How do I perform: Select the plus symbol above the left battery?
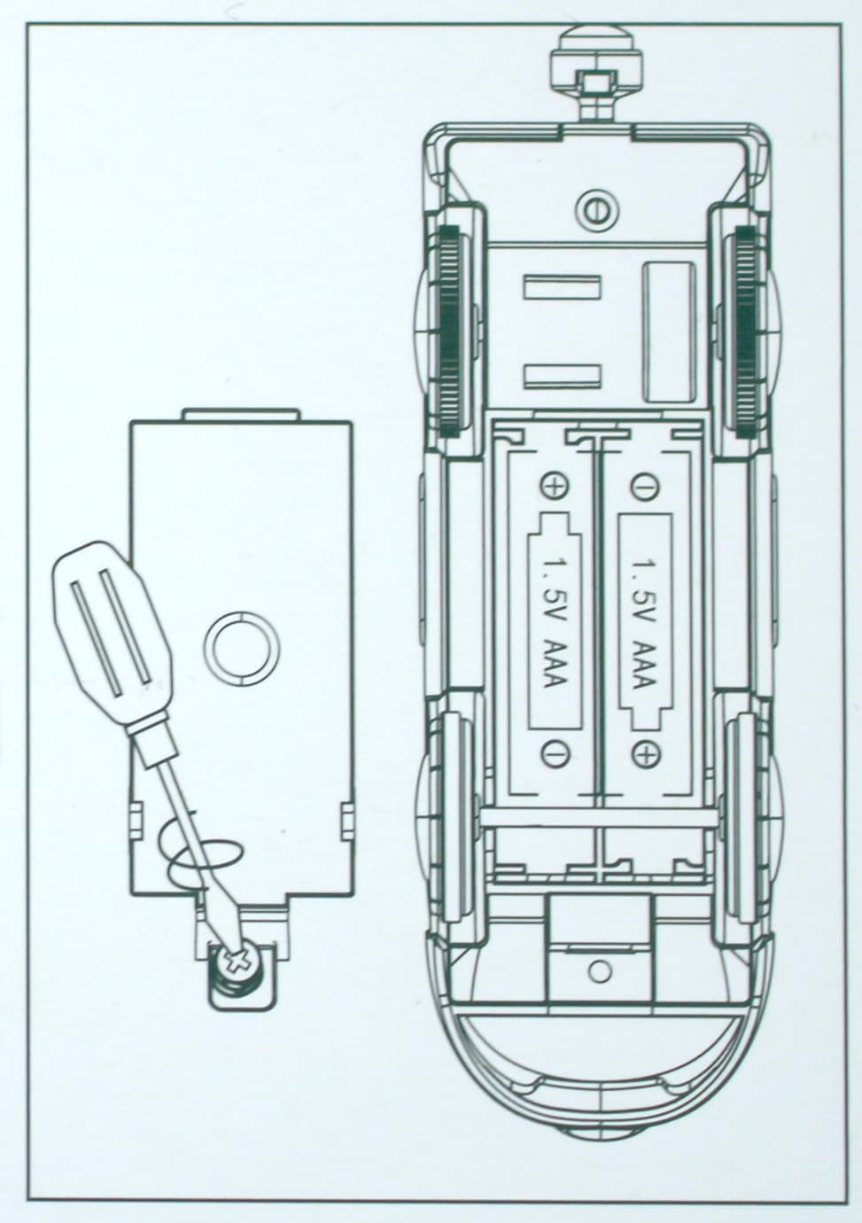[554, 485]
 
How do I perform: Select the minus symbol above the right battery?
[645, 485]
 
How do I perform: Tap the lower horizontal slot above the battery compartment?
[563, 377]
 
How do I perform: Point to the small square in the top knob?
[598, 83]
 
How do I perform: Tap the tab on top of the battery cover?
[241, 415]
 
